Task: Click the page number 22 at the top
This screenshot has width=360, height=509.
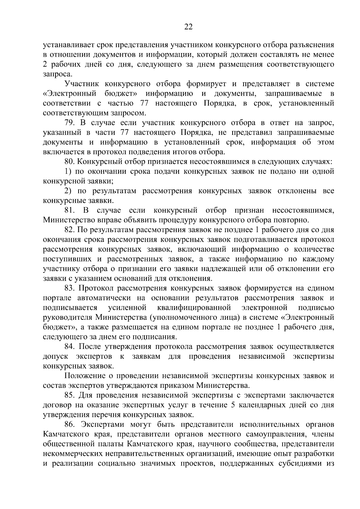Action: point(188,27)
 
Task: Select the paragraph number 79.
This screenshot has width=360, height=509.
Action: point(70,123)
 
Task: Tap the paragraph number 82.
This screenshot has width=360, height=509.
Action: point(70,230)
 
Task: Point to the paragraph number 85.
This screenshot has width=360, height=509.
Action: point(70,395)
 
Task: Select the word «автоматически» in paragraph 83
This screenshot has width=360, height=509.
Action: point(109,298)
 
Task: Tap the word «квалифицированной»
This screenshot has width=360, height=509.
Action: point(194,308)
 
